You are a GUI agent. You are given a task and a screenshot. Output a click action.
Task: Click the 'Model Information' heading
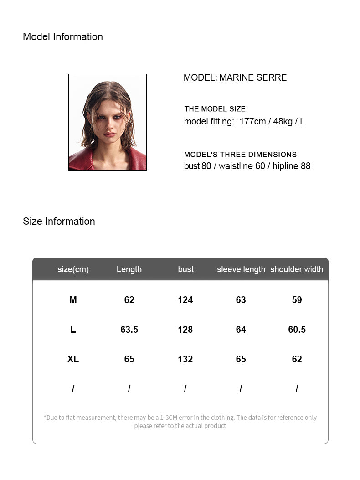(x=63, y=37)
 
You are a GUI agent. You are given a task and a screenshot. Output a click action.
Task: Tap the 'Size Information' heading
(x=59, y=222)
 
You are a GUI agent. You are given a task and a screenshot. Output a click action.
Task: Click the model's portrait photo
(x=108, y=123)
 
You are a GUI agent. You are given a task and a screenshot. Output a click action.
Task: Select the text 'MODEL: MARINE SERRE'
(x=235, y=77)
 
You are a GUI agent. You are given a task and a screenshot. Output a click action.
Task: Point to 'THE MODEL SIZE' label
(x=215, y=109)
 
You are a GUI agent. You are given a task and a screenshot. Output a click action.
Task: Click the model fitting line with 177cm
(x=244, y=121)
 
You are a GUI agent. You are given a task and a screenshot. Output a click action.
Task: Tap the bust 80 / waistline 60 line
(x=247, y=166)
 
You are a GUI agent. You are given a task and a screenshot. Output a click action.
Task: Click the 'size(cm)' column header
(x=73, y=269)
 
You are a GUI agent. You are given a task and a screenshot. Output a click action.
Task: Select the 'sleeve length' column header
(x=241, y=269)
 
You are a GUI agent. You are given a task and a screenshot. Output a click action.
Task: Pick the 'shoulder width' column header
(x=297, y=269)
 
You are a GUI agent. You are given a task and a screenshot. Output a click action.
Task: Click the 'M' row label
(x=73, y=300)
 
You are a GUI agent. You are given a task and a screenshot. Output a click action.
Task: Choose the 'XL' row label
(x=73, y=359)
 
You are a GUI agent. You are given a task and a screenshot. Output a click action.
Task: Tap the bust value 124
(x=185, y=300)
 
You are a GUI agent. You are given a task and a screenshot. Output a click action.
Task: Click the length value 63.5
(x=129, y=330)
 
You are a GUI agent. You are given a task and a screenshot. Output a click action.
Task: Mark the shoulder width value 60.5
(x=297, y=330)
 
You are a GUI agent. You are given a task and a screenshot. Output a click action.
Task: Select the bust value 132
(x=185, y=359)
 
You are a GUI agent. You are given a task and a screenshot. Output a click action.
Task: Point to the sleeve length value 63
(x=241, y=300)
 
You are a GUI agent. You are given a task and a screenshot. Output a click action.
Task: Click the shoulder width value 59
(x=297, y=300)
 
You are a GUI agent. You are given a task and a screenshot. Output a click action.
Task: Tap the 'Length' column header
(x=129, y=269)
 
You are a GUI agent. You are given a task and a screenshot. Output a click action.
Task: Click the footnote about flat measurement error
(x=180, y=422)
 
